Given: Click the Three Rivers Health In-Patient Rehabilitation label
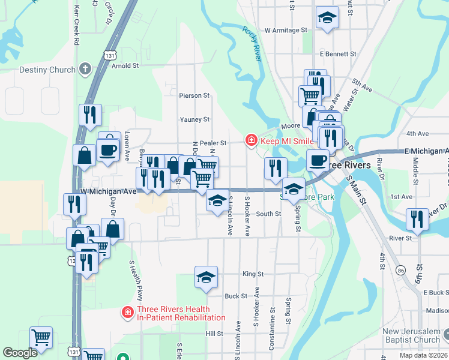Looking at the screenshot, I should pos(181,314).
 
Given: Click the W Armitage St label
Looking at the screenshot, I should pos(286,30).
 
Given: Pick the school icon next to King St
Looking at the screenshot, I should pos(206,277).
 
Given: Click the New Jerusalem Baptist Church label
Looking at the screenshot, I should pos(412,336).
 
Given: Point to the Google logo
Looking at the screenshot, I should pos(20,353).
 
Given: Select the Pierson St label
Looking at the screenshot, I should pos(194,95).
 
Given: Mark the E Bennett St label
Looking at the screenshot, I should pos(338,54).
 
